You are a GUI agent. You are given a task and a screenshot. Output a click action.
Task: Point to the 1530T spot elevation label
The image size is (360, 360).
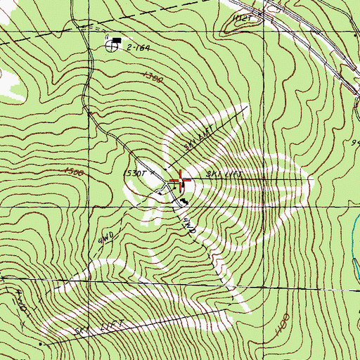[136, 172]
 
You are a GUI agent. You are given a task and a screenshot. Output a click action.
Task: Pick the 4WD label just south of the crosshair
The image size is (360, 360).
[186, 225]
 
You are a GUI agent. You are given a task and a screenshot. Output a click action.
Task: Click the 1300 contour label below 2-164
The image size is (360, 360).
[152, 79]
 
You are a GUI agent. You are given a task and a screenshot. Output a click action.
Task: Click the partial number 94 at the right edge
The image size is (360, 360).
[355, 143]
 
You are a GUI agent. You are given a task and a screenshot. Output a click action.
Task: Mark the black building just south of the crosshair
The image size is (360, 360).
[184, 202]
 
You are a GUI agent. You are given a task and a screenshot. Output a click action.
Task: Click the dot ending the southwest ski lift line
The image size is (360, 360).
[41, 345]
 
